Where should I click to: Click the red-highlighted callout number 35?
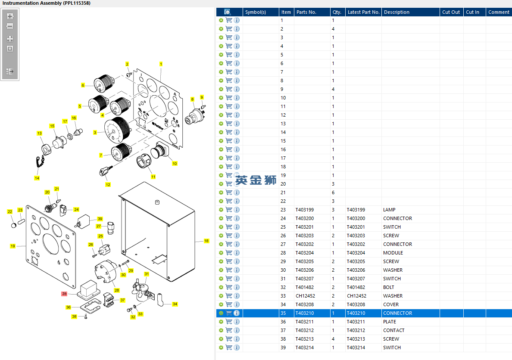click(64, 294)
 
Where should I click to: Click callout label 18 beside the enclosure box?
click(206, 241)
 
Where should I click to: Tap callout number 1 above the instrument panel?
click(161, 64)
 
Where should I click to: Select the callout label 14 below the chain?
click(37, 178)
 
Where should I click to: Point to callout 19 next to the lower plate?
click(13, 246)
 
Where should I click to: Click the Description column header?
click(396, 12)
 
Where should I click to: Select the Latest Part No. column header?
click(363, 12)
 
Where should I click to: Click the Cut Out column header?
click(451, 12)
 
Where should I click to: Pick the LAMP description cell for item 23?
click(389, 210)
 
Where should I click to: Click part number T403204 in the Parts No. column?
click(305, 253)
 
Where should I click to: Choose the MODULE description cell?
click(393, 253)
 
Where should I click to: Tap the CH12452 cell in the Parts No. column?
click(305, 296)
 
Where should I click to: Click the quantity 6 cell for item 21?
click(333, 192)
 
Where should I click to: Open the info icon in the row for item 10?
click(237, 98)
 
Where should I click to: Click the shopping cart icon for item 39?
click(229, 348)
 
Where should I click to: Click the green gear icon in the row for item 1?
click(221, 20)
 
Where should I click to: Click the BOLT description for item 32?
click(389, 288)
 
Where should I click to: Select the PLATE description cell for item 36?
click(390, 322)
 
